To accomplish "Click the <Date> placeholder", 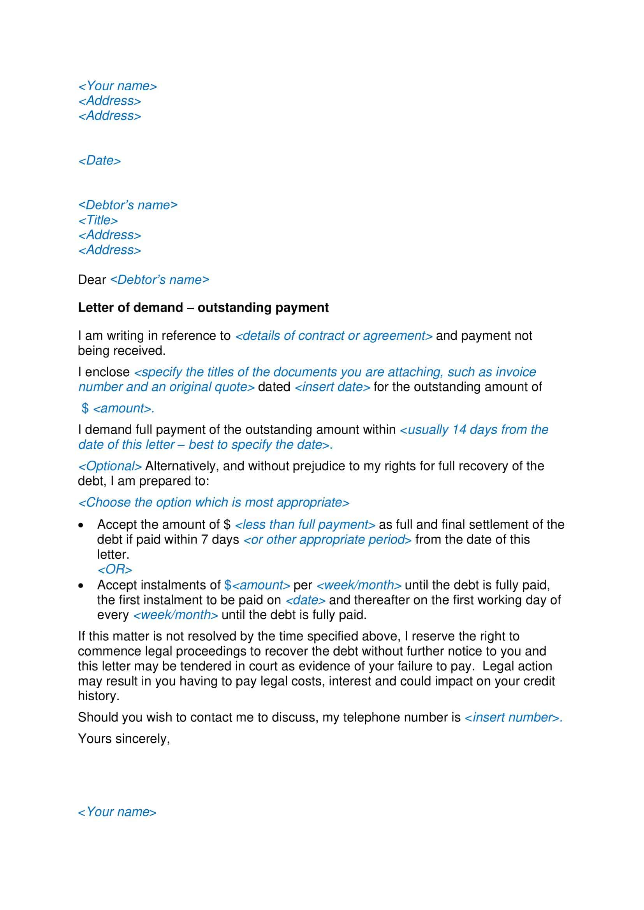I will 100,161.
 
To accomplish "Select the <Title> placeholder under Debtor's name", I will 98,220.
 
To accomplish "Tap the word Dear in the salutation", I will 91,280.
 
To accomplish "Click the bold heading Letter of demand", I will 203,308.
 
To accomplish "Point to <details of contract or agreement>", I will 334,336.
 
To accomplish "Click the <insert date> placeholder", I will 332,387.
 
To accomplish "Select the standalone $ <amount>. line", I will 118,408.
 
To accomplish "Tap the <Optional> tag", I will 110,466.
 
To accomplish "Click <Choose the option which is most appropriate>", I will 214,503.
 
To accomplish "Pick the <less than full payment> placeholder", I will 304,525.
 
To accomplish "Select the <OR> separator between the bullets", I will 114,570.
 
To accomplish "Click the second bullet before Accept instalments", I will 81,586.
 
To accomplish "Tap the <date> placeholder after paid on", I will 305,600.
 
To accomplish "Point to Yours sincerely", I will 124,739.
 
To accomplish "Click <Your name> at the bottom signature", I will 117,812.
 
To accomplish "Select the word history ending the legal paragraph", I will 98,696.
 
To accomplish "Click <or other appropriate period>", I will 327,540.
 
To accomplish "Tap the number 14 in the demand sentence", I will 459,430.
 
